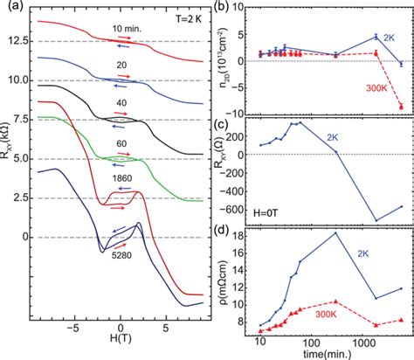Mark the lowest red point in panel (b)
click(x=401, y=107)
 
